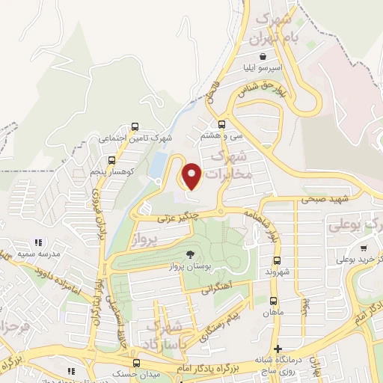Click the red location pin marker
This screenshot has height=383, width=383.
tap(192, 176)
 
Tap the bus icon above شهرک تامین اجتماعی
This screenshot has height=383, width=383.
tap(135, 126)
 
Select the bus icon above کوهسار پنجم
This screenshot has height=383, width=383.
tap(111, 160)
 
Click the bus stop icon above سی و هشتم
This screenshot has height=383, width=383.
tap(221, 124)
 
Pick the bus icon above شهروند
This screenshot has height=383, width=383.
tap(277, 261)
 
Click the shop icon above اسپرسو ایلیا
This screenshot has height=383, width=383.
tap(263, 56)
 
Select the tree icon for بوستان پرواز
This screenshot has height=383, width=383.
tap(189, 254)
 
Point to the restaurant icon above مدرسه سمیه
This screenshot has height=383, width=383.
tap(38, 242)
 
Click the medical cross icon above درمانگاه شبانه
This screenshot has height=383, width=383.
tap(278, 349)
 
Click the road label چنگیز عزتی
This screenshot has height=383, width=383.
tap(175, 219)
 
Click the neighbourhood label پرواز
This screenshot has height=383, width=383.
tap(146, 239)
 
